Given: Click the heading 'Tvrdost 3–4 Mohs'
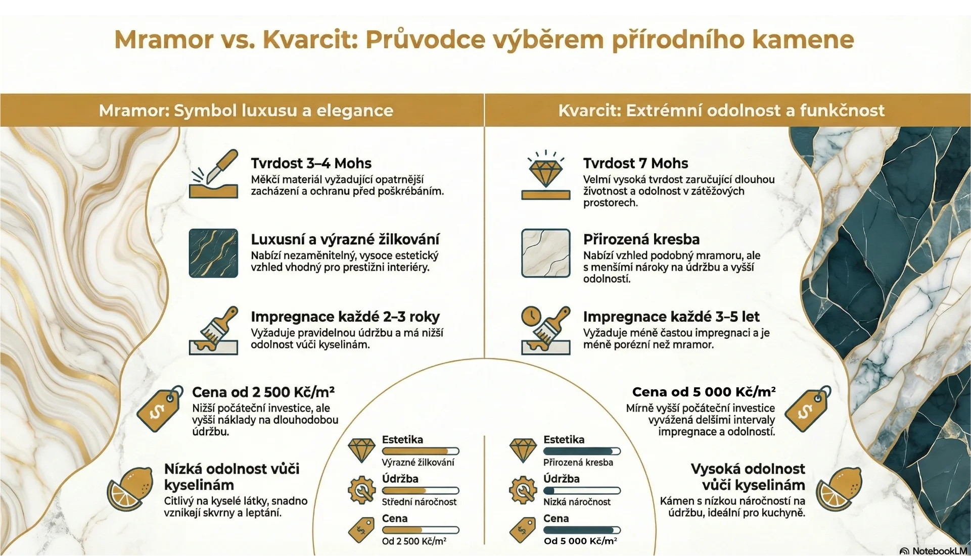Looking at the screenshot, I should click(x=311, y=163).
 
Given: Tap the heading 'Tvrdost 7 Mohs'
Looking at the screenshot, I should click(x=635, y=163).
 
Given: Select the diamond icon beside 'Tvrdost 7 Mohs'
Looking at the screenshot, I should click(x=545, y=174).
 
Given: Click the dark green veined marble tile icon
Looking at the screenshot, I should click(x=213, y=253).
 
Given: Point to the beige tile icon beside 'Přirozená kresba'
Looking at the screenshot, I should click(x=545, y=253).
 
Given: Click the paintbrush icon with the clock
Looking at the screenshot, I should click(x=545, y=330).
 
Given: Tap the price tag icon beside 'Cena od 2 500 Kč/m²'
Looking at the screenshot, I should click(x=160, y=409).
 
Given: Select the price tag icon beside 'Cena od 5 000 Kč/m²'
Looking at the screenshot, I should click(x=808, y=409).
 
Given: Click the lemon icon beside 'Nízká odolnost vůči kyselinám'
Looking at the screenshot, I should click(x=130, y=489).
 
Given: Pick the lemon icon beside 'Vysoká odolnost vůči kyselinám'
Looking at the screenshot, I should click(x=839, y=489).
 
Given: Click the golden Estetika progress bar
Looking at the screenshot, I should click(x=421, y=451).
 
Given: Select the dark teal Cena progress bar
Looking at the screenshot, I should click(x=582, y=530).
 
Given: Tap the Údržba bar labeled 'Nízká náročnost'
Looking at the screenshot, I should click(x=582, y=490).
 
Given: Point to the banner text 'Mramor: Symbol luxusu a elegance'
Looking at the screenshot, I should click(x=246, y=110).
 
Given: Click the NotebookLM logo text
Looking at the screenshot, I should click(x=939, y=550).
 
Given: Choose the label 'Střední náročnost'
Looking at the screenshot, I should click(x=419, y=502).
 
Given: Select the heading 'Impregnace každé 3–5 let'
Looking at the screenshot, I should click(x=671, y=317).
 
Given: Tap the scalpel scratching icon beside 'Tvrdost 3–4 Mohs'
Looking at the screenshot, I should click(x=213, y=174).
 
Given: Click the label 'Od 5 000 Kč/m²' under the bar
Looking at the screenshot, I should click(x=580, y=541).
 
